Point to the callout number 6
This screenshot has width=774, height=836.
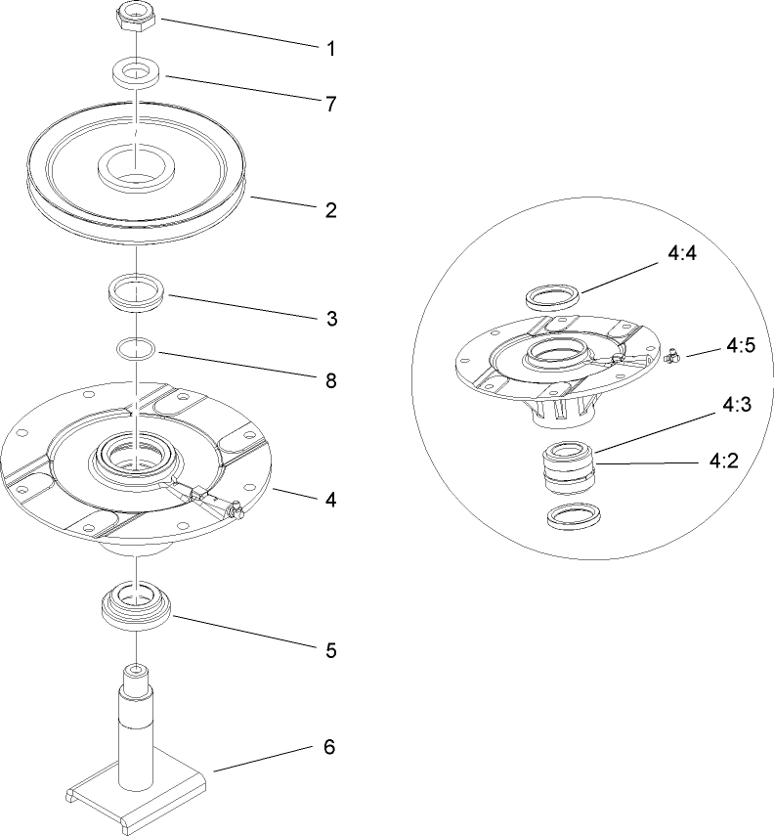(329, 747)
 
